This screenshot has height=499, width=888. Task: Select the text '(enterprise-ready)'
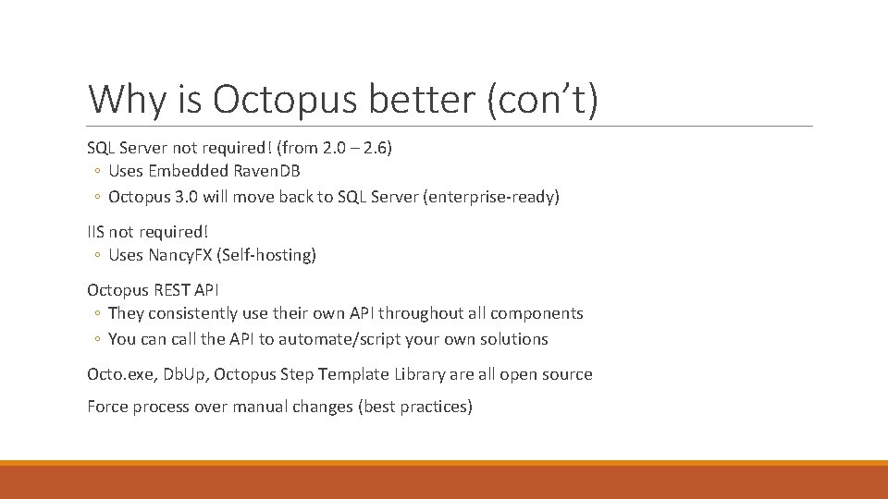point(491,197)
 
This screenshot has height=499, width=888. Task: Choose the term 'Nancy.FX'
point(189,255)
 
